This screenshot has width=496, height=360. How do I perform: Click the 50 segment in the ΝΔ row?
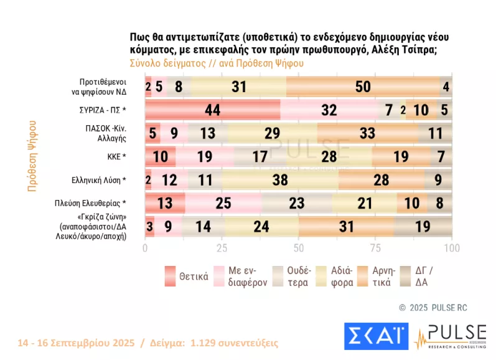coord(363,87)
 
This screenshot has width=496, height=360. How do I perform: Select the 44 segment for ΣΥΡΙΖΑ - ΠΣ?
coord(213,110)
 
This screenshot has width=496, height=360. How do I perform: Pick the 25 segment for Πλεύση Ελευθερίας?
coord(223,203)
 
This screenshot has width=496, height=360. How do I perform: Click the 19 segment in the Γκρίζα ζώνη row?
coord(423,226)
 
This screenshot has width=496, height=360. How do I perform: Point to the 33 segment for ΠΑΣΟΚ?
coord(367,133)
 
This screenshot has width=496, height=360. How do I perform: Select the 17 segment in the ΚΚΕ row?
coord(260,156)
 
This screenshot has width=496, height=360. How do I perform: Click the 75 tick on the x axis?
coord(375,248)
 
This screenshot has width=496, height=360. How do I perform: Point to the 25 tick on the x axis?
coord(222,248)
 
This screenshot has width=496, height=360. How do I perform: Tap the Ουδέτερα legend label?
coord(301,276)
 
